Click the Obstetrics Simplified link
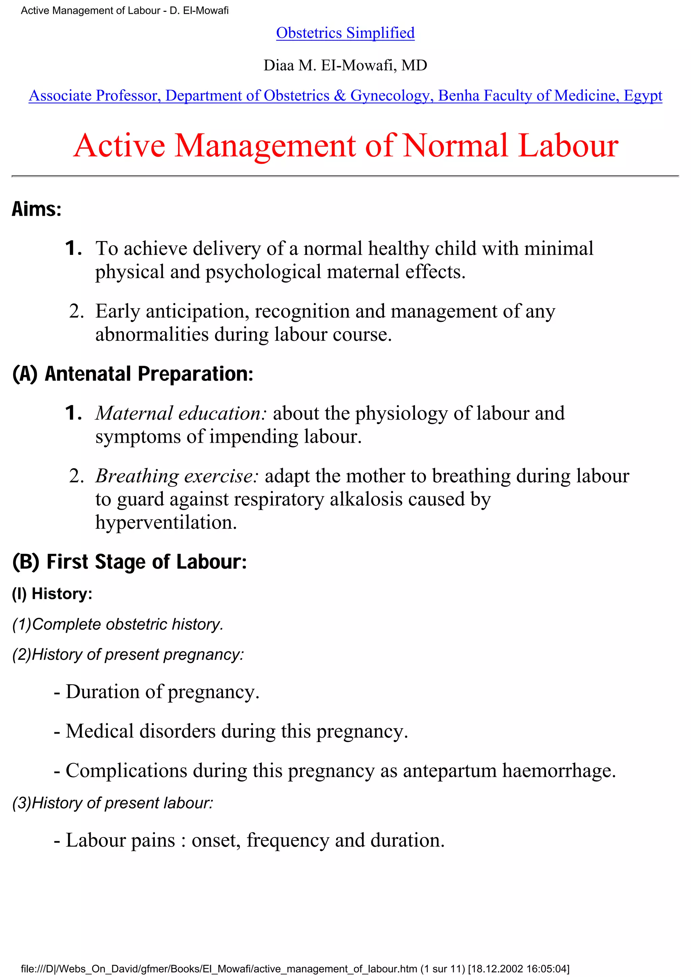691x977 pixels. point(345,33)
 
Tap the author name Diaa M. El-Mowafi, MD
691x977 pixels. point(345,65)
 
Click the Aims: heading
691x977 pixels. point(37,209)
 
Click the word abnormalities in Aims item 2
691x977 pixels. point(152,334)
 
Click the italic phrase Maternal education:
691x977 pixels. point(181,414)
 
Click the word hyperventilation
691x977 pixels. point(166,523)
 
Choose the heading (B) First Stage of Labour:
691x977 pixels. point(130,562)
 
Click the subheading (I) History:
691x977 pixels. point(52,594)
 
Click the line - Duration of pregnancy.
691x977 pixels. point(156,692)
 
